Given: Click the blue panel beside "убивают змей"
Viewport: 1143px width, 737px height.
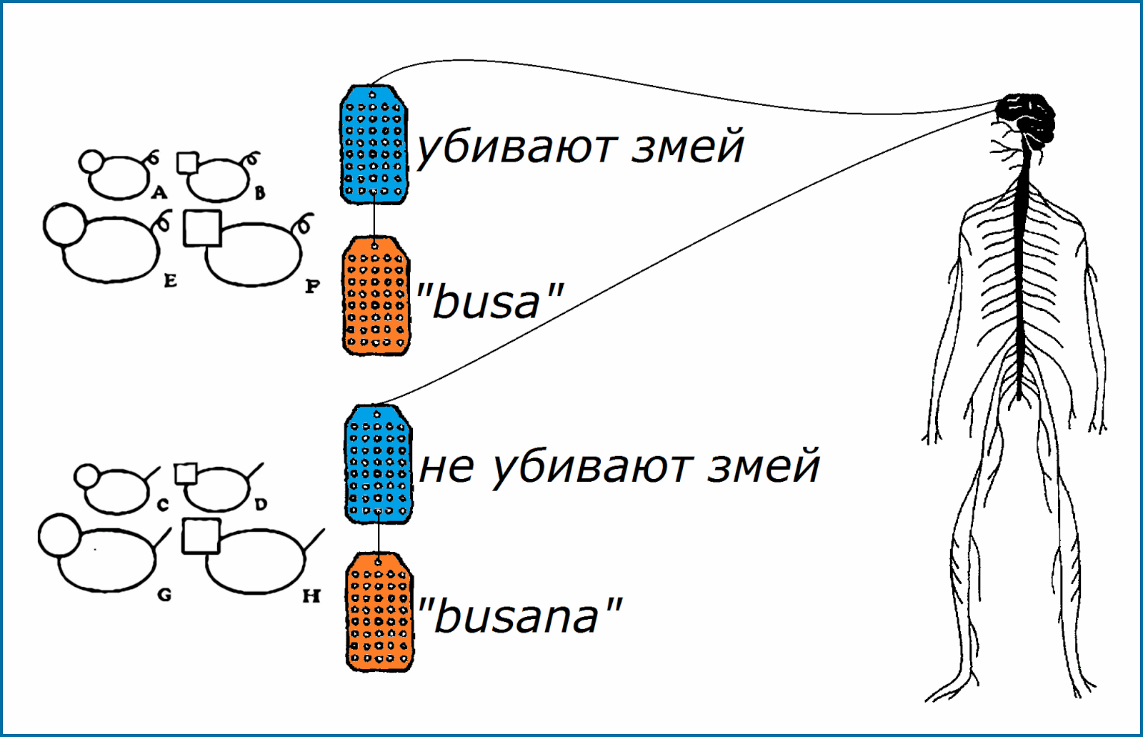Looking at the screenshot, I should coord(373,145).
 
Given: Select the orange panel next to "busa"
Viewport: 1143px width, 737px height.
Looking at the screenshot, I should coord(376,296).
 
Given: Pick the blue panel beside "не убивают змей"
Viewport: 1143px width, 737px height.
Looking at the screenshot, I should coord(378,464).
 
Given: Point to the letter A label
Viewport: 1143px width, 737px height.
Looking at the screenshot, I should coord(159,192).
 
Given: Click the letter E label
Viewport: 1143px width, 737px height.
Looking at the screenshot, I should coord(170,281).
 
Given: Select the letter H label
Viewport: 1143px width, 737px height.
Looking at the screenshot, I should coord(311,595).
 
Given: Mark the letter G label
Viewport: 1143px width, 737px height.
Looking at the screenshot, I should coord(164,595).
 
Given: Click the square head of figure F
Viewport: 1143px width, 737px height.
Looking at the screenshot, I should coord(202,228).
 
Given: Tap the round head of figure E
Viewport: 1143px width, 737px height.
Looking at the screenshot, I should coord(65,224).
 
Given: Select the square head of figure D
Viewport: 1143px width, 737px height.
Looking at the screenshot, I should coord(186,473).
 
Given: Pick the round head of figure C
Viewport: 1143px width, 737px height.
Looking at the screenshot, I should coord(87,476).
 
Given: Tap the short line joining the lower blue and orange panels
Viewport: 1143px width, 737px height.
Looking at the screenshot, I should coord(379,538).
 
